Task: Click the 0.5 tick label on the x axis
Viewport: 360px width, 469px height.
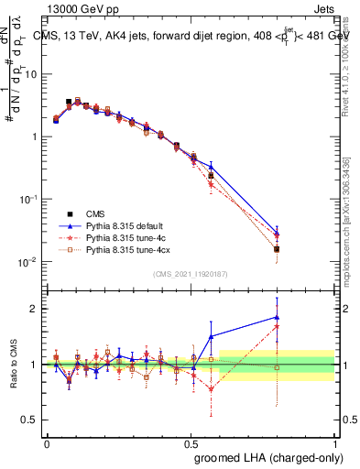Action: coord(191,442)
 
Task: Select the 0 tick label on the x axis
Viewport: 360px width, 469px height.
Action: coord(47,442)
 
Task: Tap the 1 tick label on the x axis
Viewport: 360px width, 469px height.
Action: coord(334,442)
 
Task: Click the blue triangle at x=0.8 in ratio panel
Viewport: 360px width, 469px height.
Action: coord(277,317)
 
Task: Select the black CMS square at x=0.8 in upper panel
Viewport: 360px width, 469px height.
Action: coord(277,249)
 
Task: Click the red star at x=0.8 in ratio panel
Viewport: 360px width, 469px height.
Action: coord(277,326)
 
